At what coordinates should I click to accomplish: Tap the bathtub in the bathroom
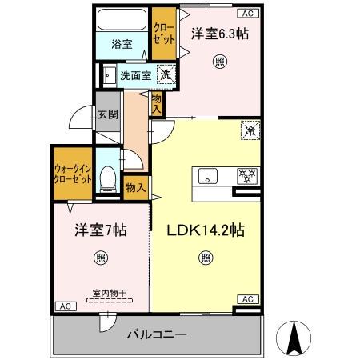pos(122,19)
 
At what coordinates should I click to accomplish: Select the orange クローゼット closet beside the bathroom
pos(163,34)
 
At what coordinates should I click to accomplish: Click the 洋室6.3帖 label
pos(218,34)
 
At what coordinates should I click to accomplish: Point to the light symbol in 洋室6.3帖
pos(218,61)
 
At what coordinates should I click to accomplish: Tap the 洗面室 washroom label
pos(136,77)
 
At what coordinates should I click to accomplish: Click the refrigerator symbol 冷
pos(250,129)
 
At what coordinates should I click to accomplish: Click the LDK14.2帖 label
pos(206,230)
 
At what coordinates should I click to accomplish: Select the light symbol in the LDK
pos(206,258)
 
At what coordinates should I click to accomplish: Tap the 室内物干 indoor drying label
pos(98,293)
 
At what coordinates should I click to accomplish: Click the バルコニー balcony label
pos(157,334)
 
